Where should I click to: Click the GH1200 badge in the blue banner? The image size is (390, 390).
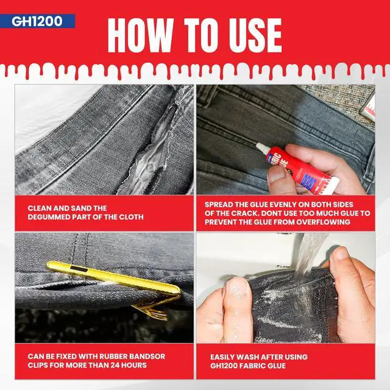point(37,21)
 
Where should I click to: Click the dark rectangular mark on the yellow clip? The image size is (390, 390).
point(79,268)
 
